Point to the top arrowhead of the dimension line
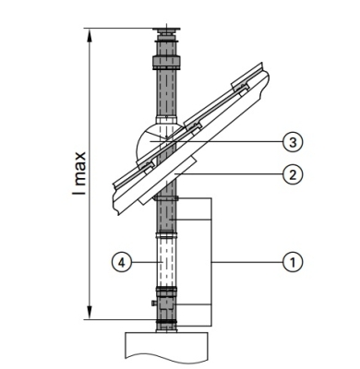point(90,34)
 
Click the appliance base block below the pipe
point(166,347)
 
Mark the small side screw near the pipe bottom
point(151,301)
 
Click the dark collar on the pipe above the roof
point(166,66)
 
